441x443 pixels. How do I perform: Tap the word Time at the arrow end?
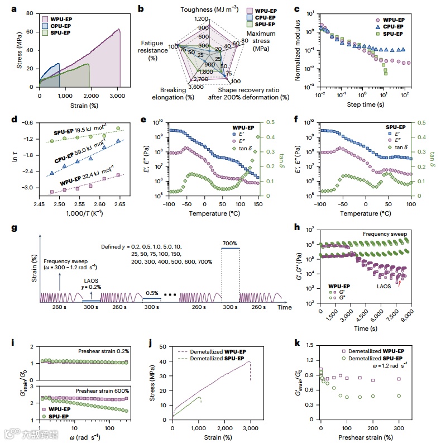pos(285,307)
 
